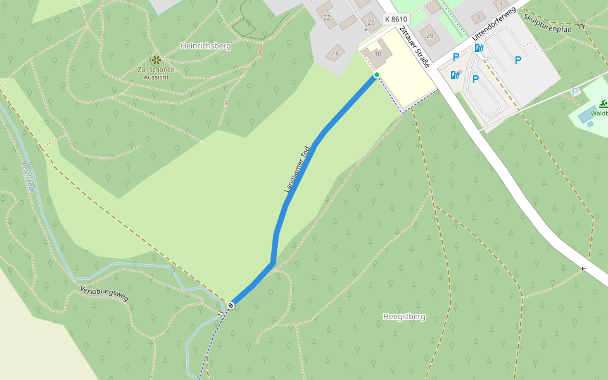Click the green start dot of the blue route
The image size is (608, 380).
click(376, 75)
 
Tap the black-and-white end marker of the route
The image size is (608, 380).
click(231, 305)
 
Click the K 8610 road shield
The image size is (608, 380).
click(396, 19)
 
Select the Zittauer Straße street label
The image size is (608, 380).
click(415, 47)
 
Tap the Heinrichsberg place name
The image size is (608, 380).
click(205, 46)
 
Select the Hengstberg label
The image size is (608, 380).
click(404, 316)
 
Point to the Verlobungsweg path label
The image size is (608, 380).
click(104, 293)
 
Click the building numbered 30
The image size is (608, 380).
click(378, 53)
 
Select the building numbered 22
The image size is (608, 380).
click(327, 17)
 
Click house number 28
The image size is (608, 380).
click(335, 54)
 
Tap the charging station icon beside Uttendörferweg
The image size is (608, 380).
click(479, 47)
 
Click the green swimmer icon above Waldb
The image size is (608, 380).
click(603, 104)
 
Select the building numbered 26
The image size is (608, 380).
click(371, 22)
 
